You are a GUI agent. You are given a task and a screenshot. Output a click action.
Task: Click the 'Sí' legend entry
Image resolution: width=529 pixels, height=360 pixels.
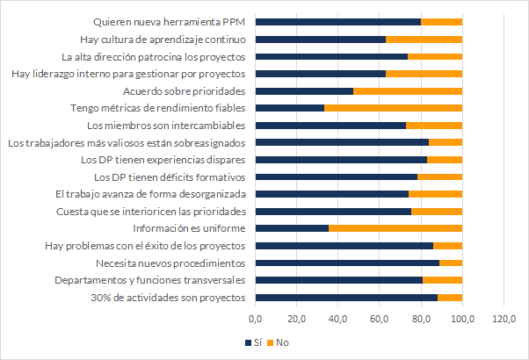click(257, 342)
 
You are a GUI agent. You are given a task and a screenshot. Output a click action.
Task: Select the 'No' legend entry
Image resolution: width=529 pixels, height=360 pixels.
click(281, 342)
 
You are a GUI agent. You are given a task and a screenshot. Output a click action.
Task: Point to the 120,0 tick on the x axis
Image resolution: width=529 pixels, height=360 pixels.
click(504, 318)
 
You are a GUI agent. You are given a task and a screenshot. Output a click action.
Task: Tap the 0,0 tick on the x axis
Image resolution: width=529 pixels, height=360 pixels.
click(256, 318)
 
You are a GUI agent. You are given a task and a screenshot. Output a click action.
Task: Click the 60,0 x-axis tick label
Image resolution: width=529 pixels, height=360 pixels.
click(380, 318)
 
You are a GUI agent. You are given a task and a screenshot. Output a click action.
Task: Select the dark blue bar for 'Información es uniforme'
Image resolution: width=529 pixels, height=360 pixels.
click(292, 228)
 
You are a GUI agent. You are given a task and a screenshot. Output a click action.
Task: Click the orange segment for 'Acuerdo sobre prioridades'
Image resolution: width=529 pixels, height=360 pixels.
click(408, 90)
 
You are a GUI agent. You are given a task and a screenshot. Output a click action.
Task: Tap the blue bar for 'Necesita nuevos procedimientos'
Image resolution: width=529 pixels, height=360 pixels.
click(347, 263)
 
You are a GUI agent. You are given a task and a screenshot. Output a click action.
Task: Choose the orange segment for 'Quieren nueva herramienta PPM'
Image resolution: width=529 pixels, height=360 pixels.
click(441, 22)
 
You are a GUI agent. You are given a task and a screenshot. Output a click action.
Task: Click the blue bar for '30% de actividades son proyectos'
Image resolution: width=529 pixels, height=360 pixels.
click(346, 298)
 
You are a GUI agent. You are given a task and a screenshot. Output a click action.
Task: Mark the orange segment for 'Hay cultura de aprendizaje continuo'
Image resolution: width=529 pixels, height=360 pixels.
click(424, 39)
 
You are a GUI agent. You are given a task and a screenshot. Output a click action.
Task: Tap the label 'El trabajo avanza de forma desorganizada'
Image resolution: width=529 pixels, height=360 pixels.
click(160, 194)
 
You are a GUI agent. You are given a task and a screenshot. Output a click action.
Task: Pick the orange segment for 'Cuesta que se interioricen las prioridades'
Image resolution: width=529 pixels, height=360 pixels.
click(436, 211)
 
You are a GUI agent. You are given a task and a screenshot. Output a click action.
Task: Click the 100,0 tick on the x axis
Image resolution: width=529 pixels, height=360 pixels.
click(462, 318)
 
